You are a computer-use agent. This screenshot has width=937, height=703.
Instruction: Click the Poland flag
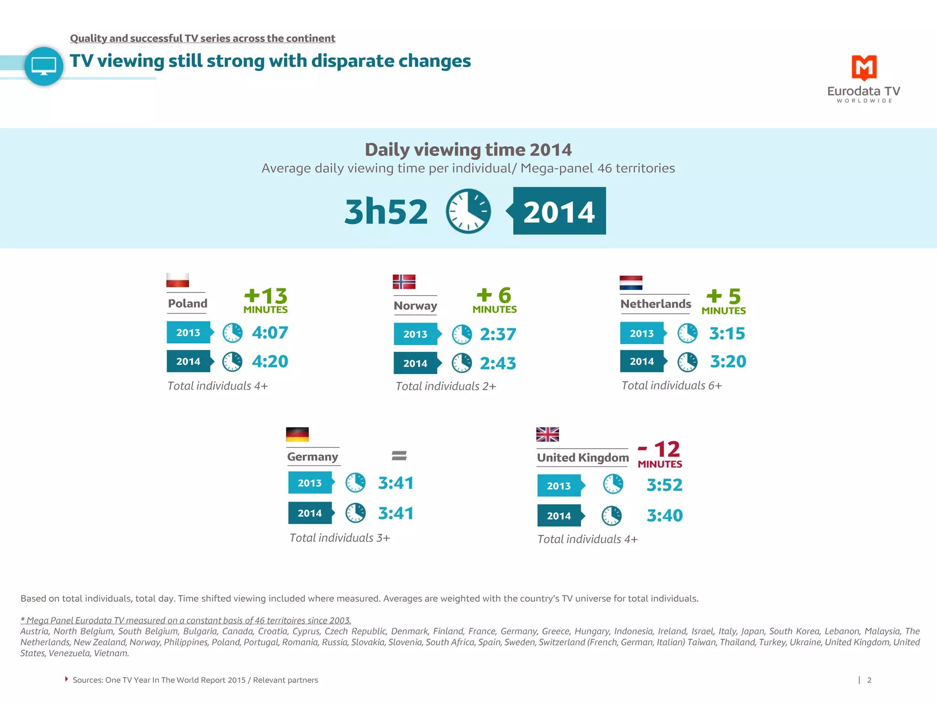tap(178, 280)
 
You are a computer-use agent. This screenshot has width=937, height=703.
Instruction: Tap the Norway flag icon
tap(404, 281)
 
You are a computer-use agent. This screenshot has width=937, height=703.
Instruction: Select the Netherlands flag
tap(631, 282)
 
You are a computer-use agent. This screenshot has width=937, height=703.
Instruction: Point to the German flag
tap(297, 434)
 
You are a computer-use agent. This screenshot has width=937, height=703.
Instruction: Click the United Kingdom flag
tap(548, 434)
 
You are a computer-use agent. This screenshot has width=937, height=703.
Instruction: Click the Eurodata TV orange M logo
tap(864, 68)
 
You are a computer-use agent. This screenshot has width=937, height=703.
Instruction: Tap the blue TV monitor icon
tap(44, 66)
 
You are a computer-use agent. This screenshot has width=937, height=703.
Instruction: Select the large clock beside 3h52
tap(468, 211)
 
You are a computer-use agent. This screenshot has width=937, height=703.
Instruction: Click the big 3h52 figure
tap(386, 211)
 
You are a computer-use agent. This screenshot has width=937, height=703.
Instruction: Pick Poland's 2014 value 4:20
tap(270, 362)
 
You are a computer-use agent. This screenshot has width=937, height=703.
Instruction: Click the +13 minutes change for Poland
tap(265, 300)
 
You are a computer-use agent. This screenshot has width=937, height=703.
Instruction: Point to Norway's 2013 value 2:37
tap(498, 334)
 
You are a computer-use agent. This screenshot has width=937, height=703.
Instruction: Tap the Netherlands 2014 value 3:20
tap(728, 362)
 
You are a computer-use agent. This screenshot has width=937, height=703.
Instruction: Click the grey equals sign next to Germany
tap(399, 455)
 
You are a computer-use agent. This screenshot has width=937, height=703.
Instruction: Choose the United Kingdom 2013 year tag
tap(559, 486)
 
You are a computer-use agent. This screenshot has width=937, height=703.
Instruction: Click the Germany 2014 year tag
tap(310, 513)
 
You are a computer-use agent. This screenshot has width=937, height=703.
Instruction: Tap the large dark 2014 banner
tap(559, 211)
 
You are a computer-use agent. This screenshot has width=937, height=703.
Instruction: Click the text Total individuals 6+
tap(672, 385)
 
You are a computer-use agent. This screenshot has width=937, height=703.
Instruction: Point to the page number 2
tap(869, 680)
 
